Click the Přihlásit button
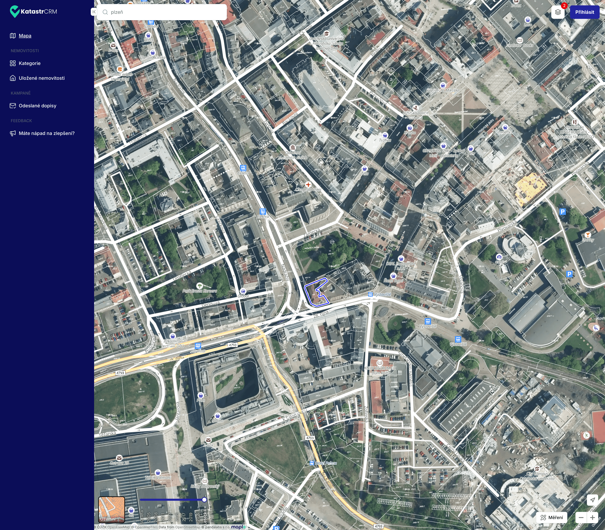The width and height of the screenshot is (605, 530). point(584,12)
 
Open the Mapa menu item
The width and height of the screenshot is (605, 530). point(25,36)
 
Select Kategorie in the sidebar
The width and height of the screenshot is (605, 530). point(30,63)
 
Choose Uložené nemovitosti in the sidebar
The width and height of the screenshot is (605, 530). point(41,78)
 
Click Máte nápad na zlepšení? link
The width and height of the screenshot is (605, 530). point(46,133)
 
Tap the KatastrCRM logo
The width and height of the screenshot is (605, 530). point(33,12)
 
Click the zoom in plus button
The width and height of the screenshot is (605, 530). point(592,517)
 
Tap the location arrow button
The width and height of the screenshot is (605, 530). point(592,500)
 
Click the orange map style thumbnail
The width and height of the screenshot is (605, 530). point(111,509)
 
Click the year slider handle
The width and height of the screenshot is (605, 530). point(204,500)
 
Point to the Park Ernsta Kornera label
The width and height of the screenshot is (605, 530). point(200,291)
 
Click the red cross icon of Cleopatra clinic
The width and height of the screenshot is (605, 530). point(308,185)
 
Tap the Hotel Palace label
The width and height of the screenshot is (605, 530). point(326,463)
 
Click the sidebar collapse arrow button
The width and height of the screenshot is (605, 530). point(94,12)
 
